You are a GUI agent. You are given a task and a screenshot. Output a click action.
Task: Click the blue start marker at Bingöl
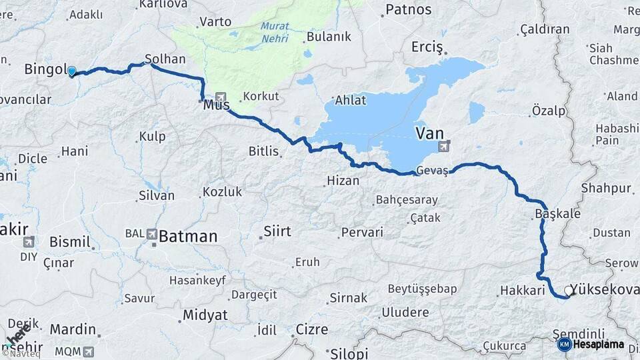pyautogui.click(x=71, y=71)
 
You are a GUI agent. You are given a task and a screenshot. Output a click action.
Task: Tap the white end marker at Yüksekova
pyautogui.click(x=569, y=291)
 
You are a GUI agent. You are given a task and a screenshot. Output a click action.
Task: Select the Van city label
pyautogui.click(x=429, y=133)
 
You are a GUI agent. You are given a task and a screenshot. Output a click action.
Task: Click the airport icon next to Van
pyautogui.click(x=445, y=146)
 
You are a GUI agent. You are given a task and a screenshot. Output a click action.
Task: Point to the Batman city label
pyautogui.click(x=188, y=236)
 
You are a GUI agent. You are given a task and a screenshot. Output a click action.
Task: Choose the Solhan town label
pyautogui.click(x=160, y=58)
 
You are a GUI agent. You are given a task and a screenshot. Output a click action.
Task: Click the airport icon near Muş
pyautogui.click(x=221, y=97)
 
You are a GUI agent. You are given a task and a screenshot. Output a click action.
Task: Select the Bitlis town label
pyautogui.click(x=263, y=151)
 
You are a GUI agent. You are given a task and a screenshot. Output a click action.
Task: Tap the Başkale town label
pyautogui.click(x=557, y=214)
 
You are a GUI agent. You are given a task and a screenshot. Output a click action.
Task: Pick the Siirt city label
pyautogui.click(x=277, y=232)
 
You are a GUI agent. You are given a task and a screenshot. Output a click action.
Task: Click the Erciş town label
pyautogui.click(x=427, y=47)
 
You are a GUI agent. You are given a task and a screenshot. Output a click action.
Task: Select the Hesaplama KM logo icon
pyautogui.click(x=564, y=345)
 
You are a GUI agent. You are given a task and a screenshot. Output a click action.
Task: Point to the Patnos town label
pyautogui.click(x=408, y=10)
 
